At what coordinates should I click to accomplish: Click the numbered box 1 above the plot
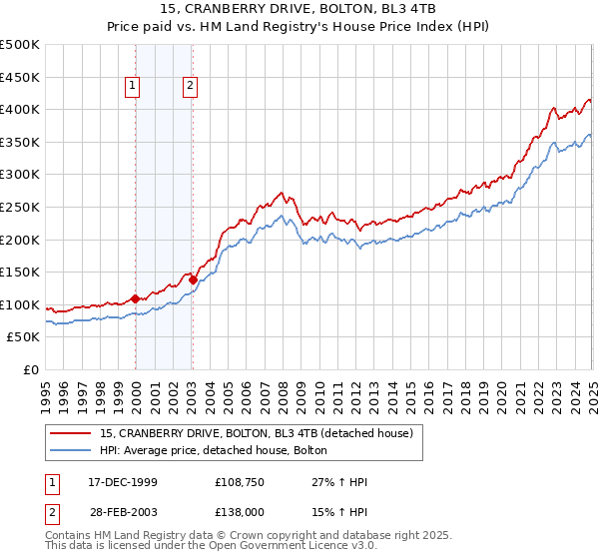132,87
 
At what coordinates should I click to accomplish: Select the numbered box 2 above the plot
190,87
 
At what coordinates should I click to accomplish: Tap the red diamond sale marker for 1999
135,297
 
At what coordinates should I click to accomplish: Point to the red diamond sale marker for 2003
193,279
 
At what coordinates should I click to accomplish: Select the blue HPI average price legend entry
221,451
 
